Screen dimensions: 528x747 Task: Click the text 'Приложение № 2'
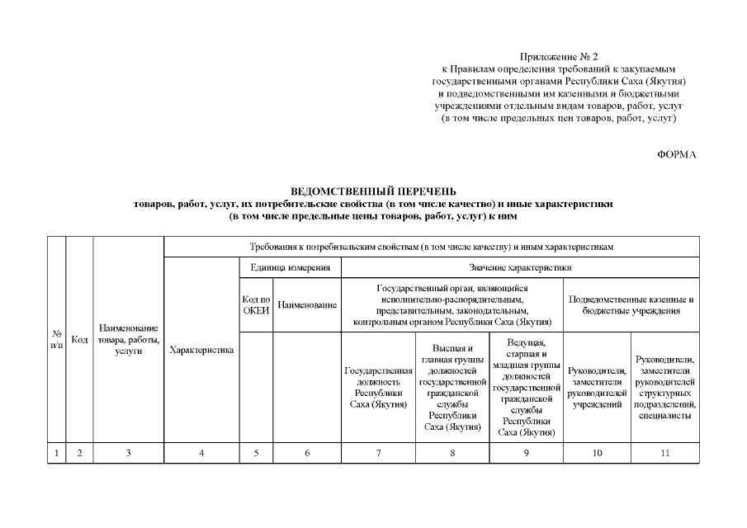(x=559, y=56)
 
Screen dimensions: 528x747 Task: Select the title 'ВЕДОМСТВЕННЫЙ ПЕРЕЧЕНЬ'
(x=373, y=191)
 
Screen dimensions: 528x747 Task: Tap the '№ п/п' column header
(x=57, y=340)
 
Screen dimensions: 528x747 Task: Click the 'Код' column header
(x=79, y=340)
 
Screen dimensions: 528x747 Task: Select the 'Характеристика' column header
(x=201, y=351)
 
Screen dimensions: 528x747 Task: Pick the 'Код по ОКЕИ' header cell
(x=256, y=305)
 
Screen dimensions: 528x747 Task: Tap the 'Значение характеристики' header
(x=520, y=267)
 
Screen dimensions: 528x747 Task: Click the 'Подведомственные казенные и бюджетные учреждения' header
(x=631, y=305)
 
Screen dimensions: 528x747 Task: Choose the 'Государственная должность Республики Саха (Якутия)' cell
(x=378, y=388)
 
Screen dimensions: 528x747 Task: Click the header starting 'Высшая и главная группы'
(x=452, y=388)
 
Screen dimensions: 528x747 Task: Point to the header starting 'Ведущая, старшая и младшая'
(x=526, y=388)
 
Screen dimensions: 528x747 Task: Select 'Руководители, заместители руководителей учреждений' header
(x=597, y=388)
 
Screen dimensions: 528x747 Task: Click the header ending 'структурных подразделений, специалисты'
(x=665, y=388)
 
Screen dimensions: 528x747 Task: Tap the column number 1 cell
(x=57, y=453)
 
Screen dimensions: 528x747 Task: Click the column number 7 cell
(x=378, y=453)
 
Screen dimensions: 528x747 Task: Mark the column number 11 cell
(x=665, y=453)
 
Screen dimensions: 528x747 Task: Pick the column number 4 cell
(x=201, y=453)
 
